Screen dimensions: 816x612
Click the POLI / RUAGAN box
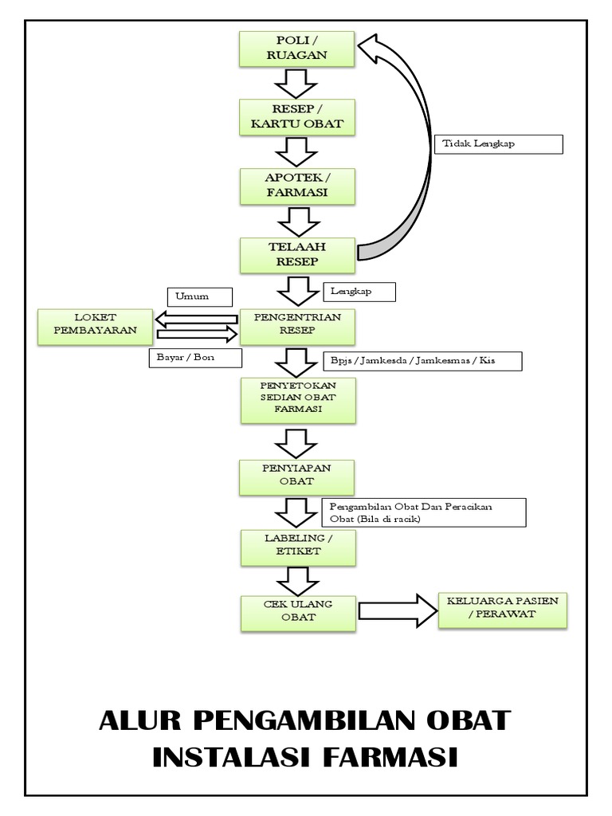click(296, 49)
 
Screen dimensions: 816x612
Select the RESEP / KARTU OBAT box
click(296, 116)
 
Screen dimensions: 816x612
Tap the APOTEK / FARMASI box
click(296, 185)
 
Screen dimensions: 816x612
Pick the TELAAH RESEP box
click(296, 254)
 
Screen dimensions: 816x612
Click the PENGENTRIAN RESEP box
click(296, 325)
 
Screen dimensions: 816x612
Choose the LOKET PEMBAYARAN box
click(95, 326)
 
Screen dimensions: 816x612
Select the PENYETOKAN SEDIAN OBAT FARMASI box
click(296, 398)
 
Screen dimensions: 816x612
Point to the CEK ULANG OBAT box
click(296, 610)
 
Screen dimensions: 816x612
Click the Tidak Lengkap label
click(499, 144)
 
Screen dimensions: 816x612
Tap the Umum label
click(199, 296)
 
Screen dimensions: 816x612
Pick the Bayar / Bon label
click(193, 358)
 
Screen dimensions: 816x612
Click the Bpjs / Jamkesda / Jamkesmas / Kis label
click(422, 360)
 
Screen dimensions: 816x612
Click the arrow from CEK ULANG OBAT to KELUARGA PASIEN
click(396, 610)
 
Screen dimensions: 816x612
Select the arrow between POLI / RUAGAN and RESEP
click(296, 82)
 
